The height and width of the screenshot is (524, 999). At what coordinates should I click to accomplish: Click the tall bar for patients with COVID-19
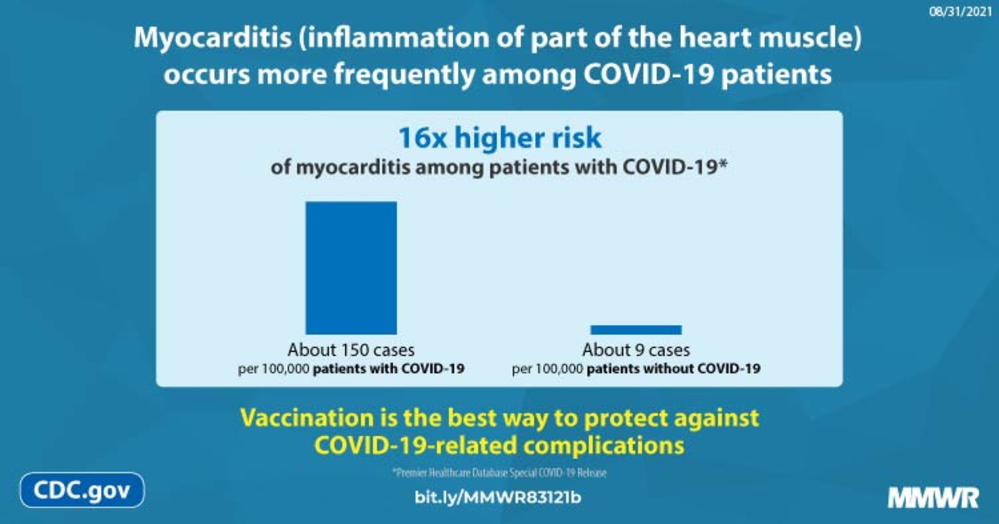tap(351, 268)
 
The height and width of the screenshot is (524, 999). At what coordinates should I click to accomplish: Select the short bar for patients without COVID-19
tap(636, 330)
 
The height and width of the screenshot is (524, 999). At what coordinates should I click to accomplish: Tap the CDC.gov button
tap(82, 490)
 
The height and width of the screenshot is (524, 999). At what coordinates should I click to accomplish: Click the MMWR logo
tap(933, 498)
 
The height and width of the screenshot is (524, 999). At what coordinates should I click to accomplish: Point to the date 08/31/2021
tap(961, 12)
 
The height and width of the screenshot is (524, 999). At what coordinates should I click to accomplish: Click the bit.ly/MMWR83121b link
tap(498, 497)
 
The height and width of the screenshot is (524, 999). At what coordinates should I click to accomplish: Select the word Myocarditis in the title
tap(212, 38)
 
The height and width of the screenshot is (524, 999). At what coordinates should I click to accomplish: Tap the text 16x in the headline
tap(423, 138)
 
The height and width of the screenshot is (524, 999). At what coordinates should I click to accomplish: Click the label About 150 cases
tap(351, 350)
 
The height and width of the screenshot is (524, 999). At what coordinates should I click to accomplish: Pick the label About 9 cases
tap(636, 350)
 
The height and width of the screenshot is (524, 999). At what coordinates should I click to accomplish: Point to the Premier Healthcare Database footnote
tap(499, 473)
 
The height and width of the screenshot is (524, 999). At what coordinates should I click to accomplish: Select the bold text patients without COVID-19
tap(673, 369)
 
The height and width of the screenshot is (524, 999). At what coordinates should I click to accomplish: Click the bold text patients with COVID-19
tap(388, 369)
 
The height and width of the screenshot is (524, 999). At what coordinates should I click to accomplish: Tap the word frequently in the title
tap(404, 75)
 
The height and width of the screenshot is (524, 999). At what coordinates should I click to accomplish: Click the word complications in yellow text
tap(604, 446)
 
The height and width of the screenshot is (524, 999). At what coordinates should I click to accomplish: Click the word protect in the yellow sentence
tap(625, 419)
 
